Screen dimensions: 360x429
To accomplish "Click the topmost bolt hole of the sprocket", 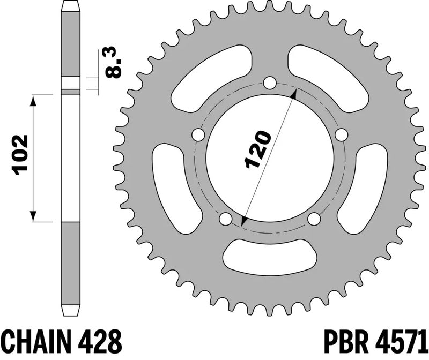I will [x=270, y=83].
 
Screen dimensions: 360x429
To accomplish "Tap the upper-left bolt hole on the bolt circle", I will [x=198, y=135].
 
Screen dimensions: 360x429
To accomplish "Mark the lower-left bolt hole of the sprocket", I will [x=226, y=219].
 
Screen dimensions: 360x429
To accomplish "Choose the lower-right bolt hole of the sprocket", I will [x=314, y=219].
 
